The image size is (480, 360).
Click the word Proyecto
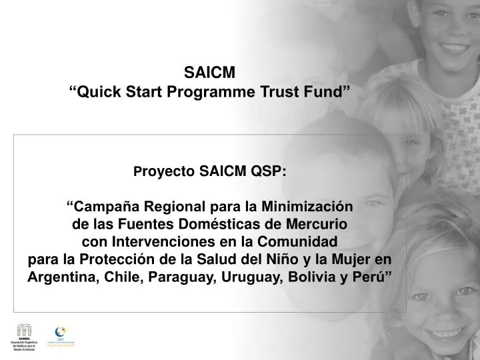click(x=164, y=173)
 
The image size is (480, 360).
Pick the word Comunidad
click(x=301, y=241)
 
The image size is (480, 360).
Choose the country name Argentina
click(x=61, y=277)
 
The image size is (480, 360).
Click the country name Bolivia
click(x=309, y=277)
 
